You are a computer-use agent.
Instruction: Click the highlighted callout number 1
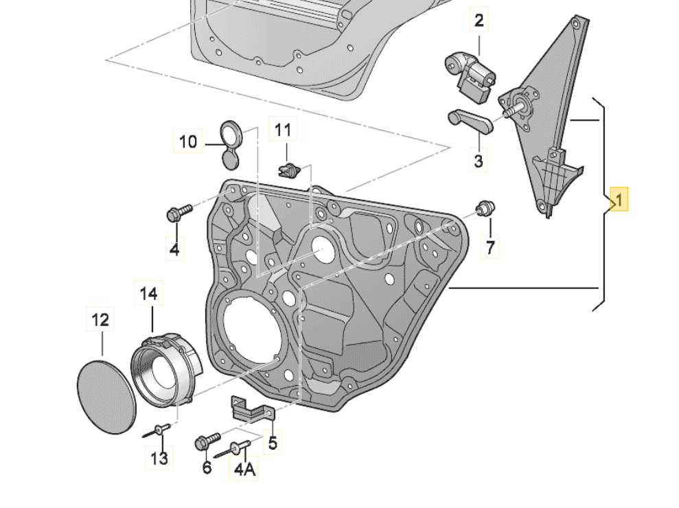click(x=618, y=200)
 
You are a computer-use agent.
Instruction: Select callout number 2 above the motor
click(x=479, y=20)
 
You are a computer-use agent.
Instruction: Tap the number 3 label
click(x=479, y=161)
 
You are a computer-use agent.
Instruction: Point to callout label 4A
click(x=244, y=469)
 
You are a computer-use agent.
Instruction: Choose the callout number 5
click(x=273, y=443)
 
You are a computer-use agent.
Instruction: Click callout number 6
click(x=207, y=467)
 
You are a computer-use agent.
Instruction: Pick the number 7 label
click(x=490, y=246)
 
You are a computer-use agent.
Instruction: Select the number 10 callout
click(x=188, y=141)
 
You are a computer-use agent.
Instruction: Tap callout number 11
click(x=284, y=129)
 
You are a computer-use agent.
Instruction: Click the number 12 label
click(x=100, y=319)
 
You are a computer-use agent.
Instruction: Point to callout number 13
click(x=159, y=457)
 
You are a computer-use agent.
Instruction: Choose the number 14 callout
click(x=149, y=294)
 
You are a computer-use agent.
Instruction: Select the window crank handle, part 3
click(x=470, y=122)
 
